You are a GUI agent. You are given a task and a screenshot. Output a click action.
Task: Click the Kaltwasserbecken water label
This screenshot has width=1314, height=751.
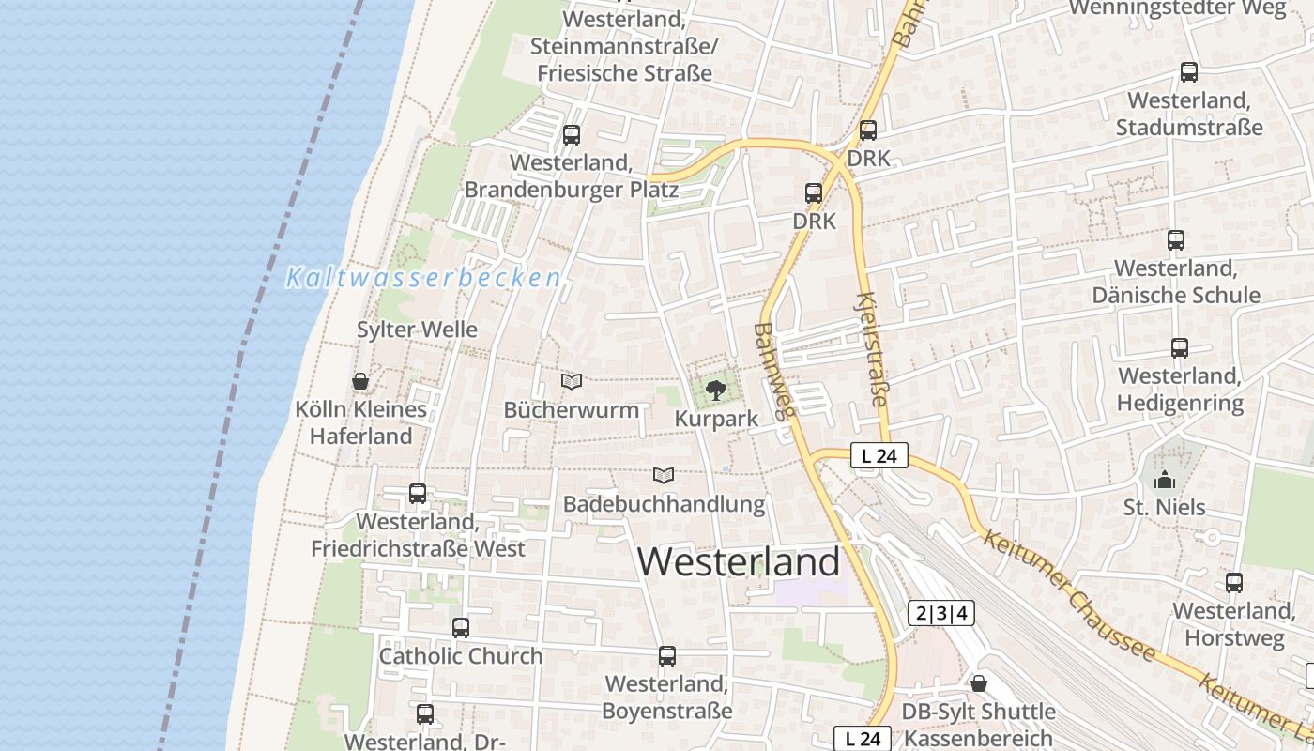pos(424,278)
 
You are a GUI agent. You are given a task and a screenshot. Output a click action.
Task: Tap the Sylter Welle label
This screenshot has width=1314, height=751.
pos(417,330)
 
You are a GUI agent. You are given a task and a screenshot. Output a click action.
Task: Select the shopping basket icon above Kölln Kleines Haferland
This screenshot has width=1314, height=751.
pos(359,381)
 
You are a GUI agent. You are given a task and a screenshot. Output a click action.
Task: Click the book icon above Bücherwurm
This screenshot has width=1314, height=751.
pos(572,381)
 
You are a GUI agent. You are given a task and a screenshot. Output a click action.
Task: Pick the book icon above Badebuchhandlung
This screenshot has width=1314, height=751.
pos(664,475)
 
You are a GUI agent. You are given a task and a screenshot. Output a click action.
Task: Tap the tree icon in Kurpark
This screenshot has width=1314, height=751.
pos(716,390)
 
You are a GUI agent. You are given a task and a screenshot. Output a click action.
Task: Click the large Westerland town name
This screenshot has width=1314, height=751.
pos(740,561)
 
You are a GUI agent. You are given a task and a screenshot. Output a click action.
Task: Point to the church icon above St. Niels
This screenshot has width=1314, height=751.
pos(1165,480)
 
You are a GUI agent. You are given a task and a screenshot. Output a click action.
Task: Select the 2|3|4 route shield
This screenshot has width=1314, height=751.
pos(941,614)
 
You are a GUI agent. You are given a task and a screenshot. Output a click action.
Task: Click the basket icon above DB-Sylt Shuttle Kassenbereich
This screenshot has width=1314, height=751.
pos(979,682)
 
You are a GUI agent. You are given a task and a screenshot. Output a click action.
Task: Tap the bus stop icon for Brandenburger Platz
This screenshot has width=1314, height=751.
pos(572,134)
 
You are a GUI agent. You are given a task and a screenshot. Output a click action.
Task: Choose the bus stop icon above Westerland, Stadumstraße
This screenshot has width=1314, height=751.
pos(1189,71)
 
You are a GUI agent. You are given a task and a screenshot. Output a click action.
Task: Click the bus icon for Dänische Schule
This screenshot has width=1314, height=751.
pos(1176,239)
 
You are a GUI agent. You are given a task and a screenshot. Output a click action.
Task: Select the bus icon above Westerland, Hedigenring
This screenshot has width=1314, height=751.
pos(1180,347)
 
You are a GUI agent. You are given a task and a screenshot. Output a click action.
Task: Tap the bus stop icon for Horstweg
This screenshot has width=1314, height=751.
pos(1234,582)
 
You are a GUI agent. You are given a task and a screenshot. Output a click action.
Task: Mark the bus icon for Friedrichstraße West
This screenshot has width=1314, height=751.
pos(418,493)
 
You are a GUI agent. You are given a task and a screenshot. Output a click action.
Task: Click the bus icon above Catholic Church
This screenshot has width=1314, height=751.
pos(461,627)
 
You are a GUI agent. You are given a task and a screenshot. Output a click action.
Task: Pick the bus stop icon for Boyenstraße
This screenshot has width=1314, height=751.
pos(667,655)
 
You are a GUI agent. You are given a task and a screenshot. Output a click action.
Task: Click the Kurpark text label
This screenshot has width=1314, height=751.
pos(716,419)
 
